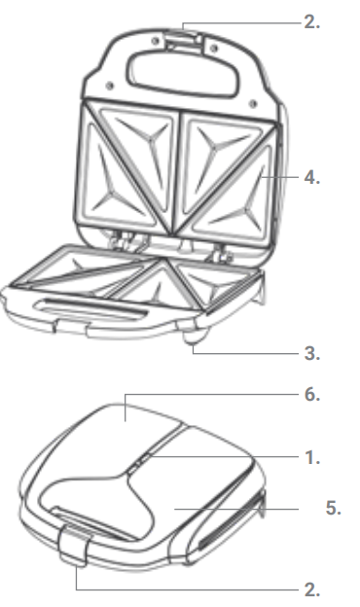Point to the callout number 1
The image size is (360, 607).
click(311, 456)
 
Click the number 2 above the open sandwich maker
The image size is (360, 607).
click(311, 22)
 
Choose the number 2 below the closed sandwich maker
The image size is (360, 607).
click(311, 589)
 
